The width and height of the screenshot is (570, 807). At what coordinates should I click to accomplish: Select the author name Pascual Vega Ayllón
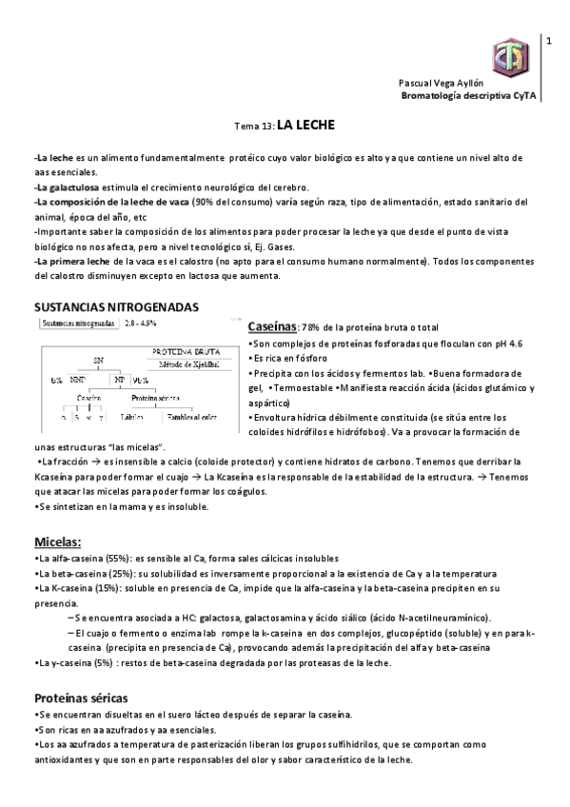click(x=442, y=84)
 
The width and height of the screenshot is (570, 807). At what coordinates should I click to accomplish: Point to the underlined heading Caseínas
click(x=273, y=326)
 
